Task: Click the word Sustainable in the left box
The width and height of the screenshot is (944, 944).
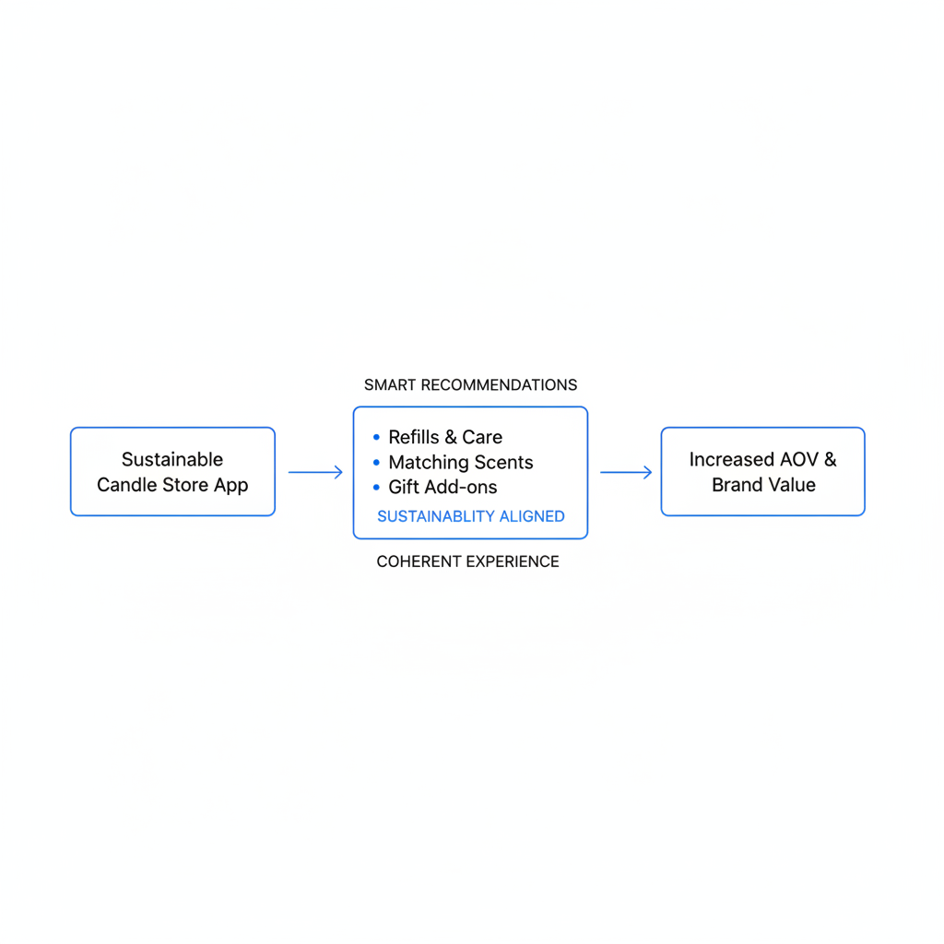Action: [x=172, y=459]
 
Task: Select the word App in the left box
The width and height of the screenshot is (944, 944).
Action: [x=230, y=486]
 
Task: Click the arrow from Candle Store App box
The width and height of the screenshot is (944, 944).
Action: [x=315, y=472]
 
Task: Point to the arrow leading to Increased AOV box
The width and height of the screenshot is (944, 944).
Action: [x=626, y=472]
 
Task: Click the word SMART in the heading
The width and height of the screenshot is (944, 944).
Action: [x=390, y=385]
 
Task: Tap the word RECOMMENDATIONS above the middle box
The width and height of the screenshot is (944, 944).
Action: [x=499, y=385]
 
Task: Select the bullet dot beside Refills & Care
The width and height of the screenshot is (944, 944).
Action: [x=376, y=437]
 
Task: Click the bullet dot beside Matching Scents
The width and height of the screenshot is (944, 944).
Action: [x=376, y=463]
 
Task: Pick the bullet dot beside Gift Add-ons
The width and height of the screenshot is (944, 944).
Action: [x=376, y=487]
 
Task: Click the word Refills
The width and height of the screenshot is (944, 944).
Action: [x=414, y=436]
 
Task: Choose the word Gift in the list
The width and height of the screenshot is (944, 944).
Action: [x=404, y=487]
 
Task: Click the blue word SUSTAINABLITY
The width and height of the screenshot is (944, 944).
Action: [x=436, y=516]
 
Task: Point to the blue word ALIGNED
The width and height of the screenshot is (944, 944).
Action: [x=532, y=516]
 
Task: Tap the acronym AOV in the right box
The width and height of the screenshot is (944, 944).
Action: [x=799, y=459]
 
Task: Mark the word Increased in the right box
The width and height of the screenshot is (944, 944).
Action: [x=732, y=459]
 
